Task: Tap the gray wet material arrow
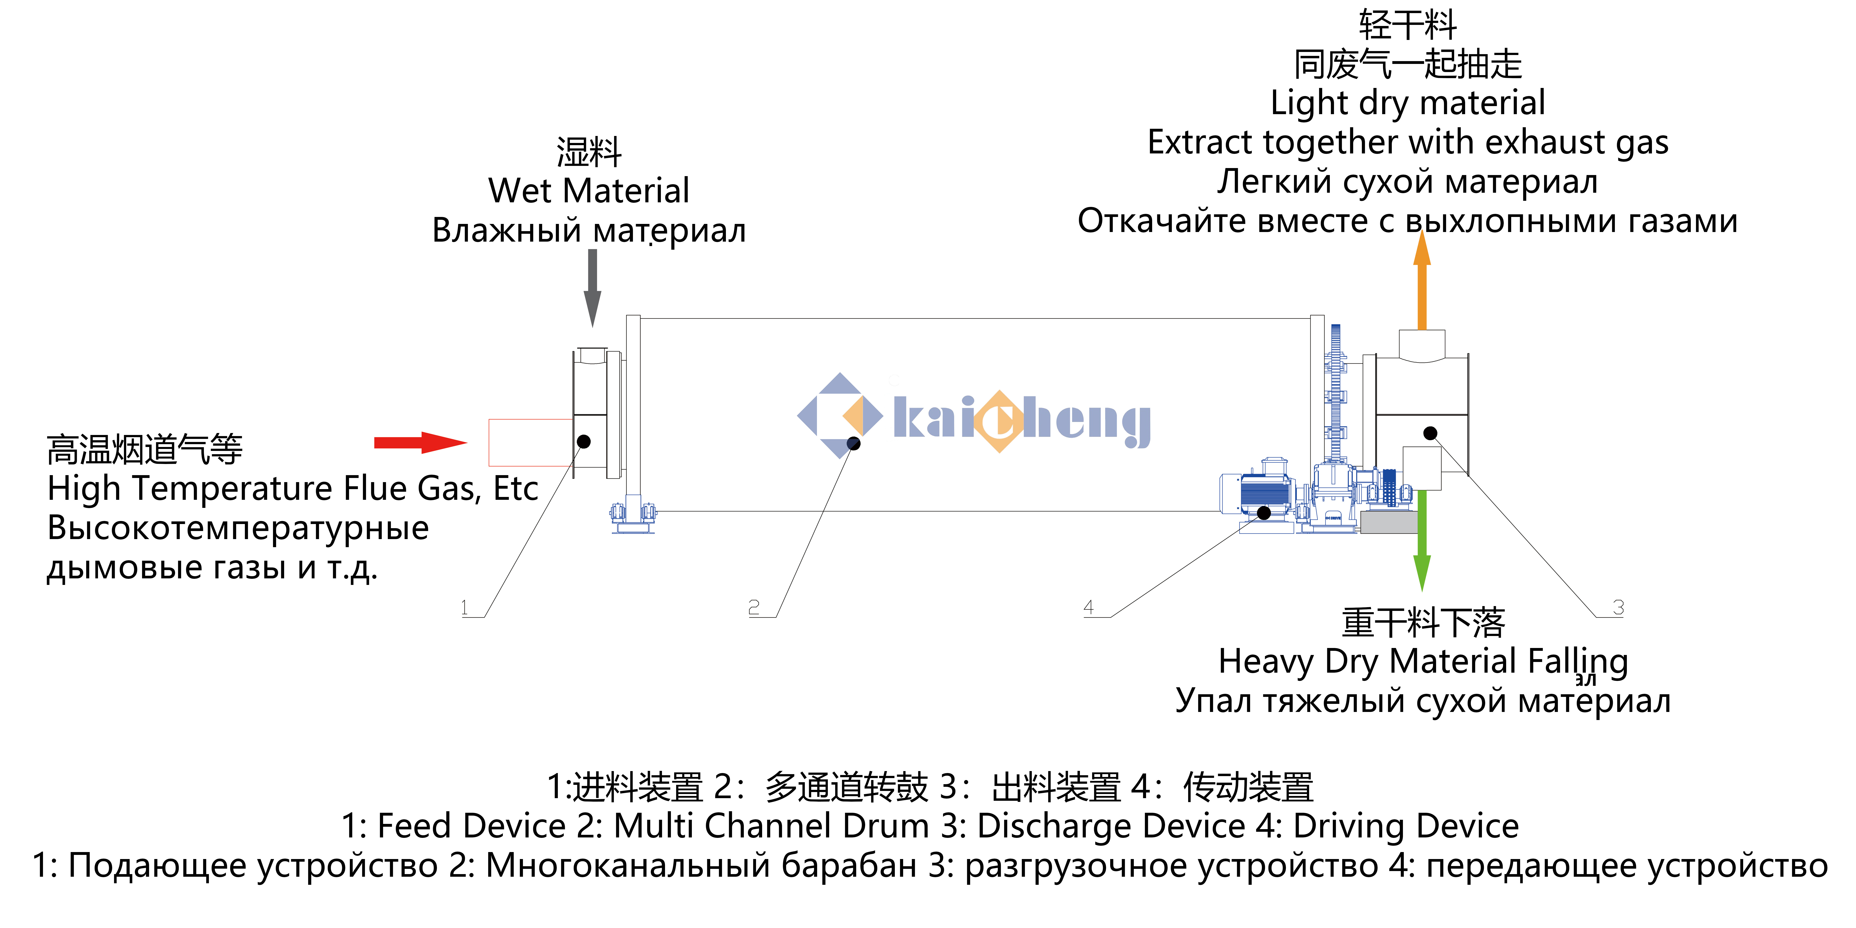(592, 288)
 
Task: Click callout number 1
(465, 607)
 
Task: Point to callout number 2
(754, 607)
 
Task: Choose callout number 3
(1618, 607)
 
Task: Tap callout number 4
(1089, 607)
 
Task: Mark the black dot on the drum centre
(854, 443)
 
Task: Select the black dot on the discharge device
(1430, 433)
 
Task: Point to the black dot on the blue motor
(1264, 513)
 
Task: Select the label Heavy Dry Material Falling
(1423, 662)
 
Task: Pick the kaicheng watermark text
(1022, 421)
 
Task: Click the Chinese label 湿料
(589, 152)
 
